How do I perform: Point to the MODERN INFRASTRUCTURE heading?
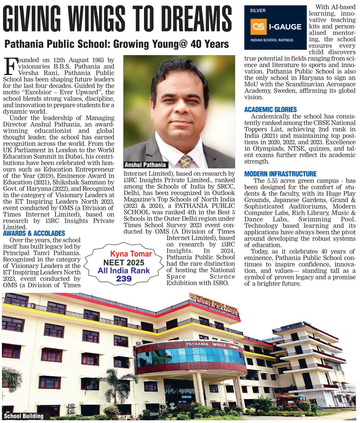click(280, 174)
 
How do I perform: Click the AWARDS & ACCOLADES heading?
click(34, 233)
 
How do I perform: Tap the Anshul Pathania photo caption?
click(145, 165)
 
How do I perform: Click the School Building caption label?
click(23, 416)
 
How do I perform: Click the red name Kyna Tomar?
click(131, 254)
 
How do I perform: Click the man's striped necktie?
click(186, 161)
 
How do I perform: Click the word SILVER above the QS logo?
click(257, 11)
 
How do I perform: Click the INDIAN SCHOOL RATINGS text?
click(272, 40)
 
